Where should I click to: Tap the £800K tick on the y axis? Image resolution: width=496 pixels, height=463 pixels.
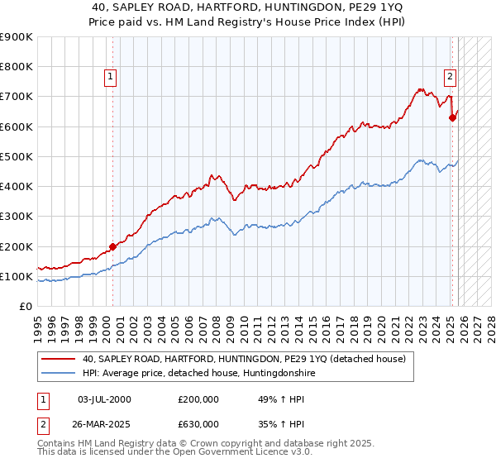click(x=17, y=67)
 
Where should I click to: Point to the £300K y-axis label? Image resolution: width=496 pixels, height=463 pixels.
click(x=17, y=217)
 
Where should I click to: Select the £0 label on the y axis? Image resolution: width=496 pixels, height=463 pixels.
click(x=25, y=307)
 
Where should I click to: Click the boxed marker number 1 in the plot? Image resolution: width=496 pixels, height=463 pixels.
click(x=111, y=77)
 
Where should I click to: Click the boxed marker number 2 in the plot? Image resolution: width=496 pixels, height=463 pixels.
click(x=450, y=77)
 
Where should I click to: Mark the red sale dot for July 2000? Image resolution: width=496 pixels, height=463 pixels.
click(x=113, y=246)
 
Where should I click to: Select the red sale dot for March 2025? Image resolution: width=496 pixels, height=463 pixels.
click(x=452, y=117)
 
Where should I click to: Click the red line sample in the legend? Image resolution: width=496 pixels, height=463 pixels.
click(x=59, y=360)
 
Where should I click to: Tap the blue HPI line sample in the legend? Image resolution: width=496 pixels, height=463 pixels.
click(x=59, y=374)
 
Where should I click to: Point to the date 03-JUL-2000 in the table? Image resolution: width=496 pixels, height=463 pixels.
click(x=103, y=399)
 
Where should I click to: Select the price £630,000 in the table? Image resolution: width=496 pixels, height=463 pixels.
click(x=198, y=423)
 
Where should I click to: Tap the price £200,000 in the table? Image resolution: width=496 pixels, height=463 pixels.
click(x=198, y=399)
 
